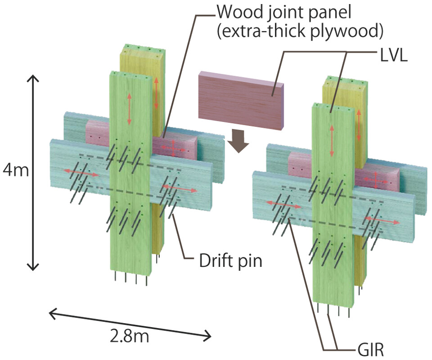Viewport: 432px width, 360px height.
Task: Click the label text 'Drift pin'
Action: coord(230,260)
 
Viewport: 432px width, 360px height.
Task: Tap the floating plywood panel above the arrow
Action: coord(241,99)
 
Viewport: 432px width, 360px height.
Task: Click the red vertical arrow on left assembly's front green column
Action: coord(129,109)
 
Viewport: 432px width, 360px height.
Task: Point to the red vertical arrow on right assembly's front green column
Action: coord(332,141)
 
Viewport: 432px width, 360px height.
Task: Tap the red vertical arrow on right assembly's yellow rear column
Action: coord(359,124)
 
